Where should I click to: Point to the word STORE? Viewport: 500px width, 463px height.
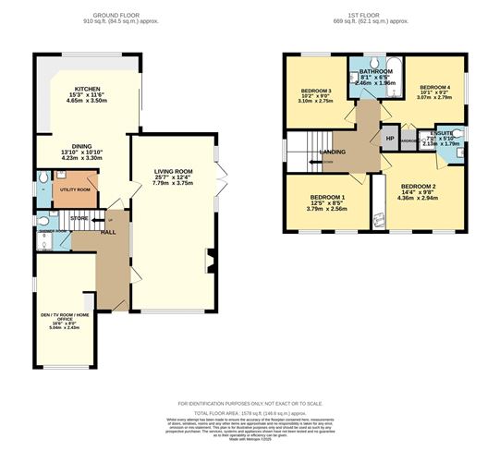click(x=79, y=218)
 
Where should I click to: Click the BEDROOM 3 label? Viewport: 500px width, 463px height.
click(x=316, y=90)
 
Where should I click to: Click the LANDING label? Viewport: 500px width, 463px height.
click(x=332, y=152)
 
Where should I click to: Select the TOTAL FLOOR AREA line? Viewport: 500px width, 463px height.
click(x=250, y=412)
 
